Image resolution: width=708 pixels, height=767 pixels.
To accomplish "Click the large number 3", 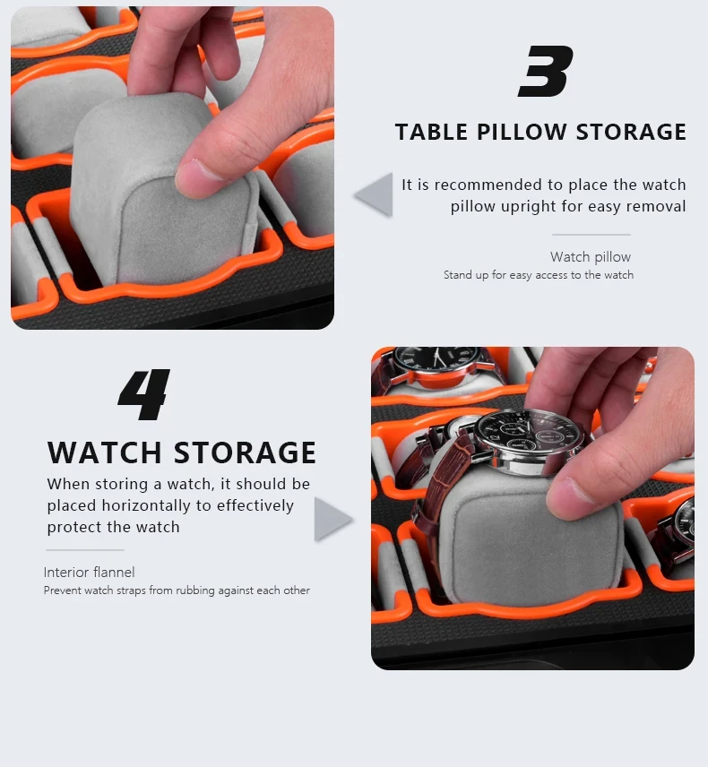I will (x=544, y=73).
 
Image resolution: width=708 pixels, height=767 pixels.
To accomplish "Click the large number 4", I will (x=144, y=394).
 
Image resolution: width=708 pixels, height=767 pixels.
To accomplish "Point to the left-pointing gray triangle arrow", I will (x=375, y=194).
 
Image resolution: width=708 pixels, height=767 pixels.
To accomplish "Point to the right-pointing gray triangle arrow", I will (x=332, y=519).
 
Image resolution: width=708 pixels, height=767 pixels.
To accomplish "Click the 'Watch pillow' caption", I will (x=591, y=257).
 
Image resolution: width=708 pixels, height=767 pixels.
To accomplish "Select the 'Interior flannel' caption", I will (x=89, y=573).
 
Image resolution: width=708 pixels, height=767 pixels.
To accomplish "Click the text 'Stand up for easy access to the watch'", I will (x=538, y=275).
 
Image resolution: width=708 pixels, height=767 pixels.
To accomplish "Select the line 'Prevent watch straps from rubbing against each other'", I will (x=177, y=590).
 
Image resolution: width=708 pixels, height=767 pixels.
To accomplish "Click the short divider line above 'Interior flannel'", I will (x=85, y=550).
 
